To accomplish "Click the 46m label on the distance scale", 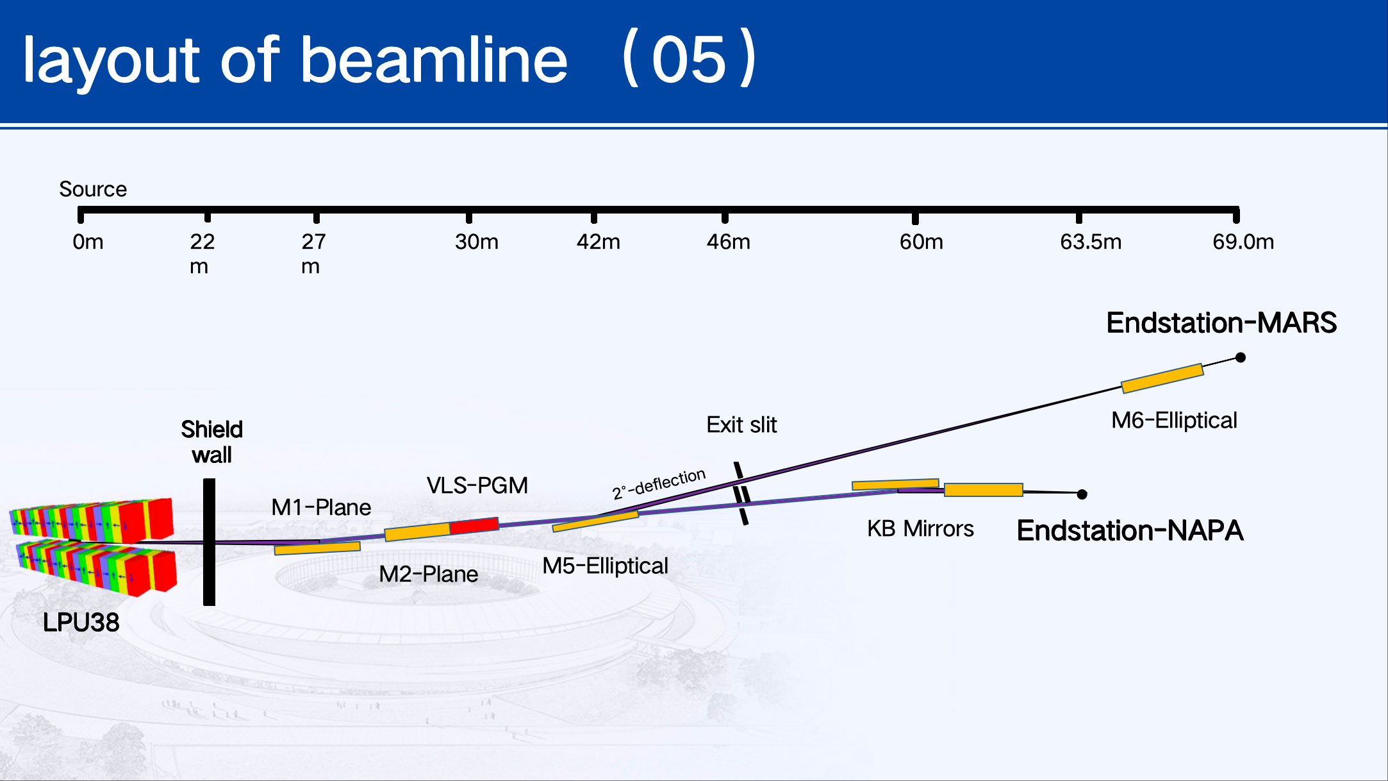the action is point(728,242).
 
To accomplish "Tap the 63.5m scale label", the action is point(1091,242).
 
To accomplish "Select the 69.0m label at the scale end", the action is point(1243,242).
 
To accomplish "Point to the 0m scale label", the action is point(88,242).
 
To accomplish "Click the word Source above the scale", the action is point(93,189).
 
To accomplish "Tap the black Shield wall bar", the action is point(209,542).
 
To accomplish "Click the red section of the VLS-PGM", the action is point(474,526).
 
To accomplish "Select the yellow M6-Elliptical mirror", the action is point(1162,378).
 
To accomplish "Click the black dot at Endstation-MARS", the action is point(1241,357).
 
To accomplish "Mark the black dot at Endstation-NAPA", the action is point(1082,494).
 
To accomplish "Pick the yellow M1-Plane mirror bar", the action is point(317,548).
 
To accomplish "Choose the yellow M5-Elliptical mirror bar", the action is point(595,521).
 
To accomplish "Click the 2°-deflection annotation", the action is point(659,483).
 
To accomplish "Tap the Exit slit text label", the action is point(741,424).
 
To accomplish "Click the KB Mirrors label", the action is point(920,528).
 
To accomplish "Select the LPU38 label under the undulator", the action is point(81,622).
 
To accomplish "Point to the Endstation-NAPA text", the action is point(1130,530).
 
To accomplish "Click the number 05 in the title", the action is point(689,60).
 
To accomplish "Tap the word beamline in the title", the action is point(434,60).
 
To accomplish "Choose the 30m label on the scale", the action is point(477,242).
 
